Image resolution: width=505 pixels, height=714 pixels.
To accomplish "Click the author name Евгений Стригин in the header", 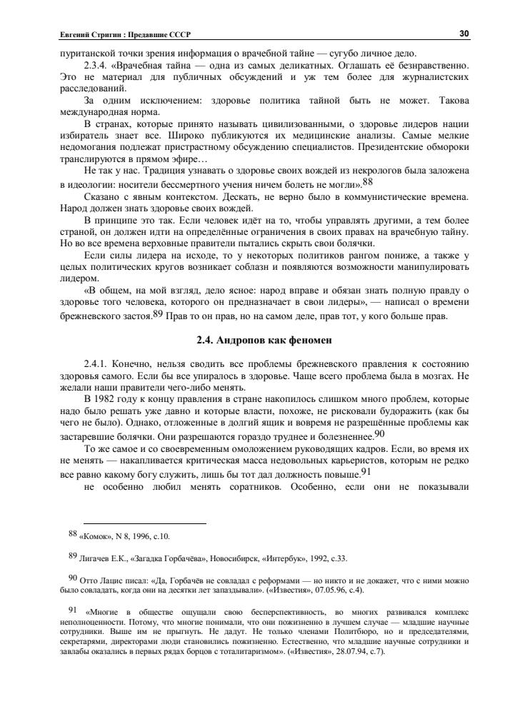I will coord(85,35).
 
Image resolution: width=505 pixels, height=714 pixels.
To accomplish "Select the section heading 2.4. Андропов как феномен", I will coord(264,340).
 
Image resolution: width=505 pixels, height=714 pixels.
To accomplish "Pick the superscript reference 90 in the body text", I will coord(379,433).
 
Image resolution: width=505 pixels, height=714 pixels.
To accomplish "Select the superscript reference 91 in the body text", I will coord(364,471).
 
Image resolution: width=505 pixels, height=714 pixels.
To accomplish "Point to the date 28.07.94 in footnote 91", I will coord(345,652).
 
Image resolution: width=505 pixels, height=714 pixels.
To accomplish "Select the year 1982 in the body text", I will coord(106,398).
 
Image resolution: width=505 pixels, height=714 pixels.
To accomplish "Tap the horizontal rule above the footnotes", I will coord(144,523).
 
